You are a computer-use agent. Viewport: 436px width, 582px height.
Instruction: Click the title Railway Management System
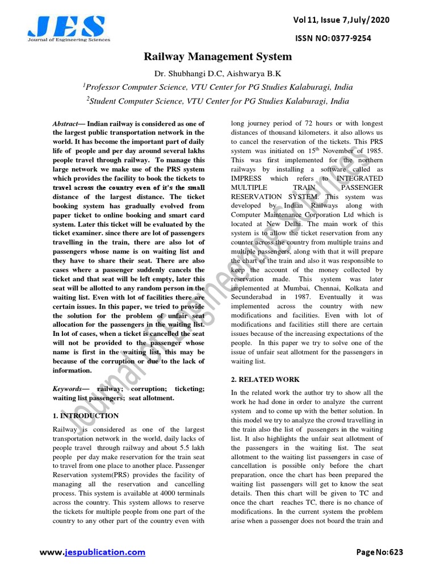[x=217, y=57]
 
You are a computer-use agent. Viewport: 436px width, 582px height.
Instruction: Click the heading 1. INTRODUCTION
[x=85, y=416]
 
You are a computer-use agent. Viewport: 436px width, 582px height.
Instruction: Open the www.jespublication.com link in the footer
[x=93, y=552]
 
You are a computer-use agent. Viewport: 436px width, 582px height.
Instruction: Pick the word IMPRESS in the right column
[x=246, y=178]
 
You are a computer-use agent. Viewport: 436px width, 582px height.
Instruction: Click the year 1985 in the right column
[x=373, y=151]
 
